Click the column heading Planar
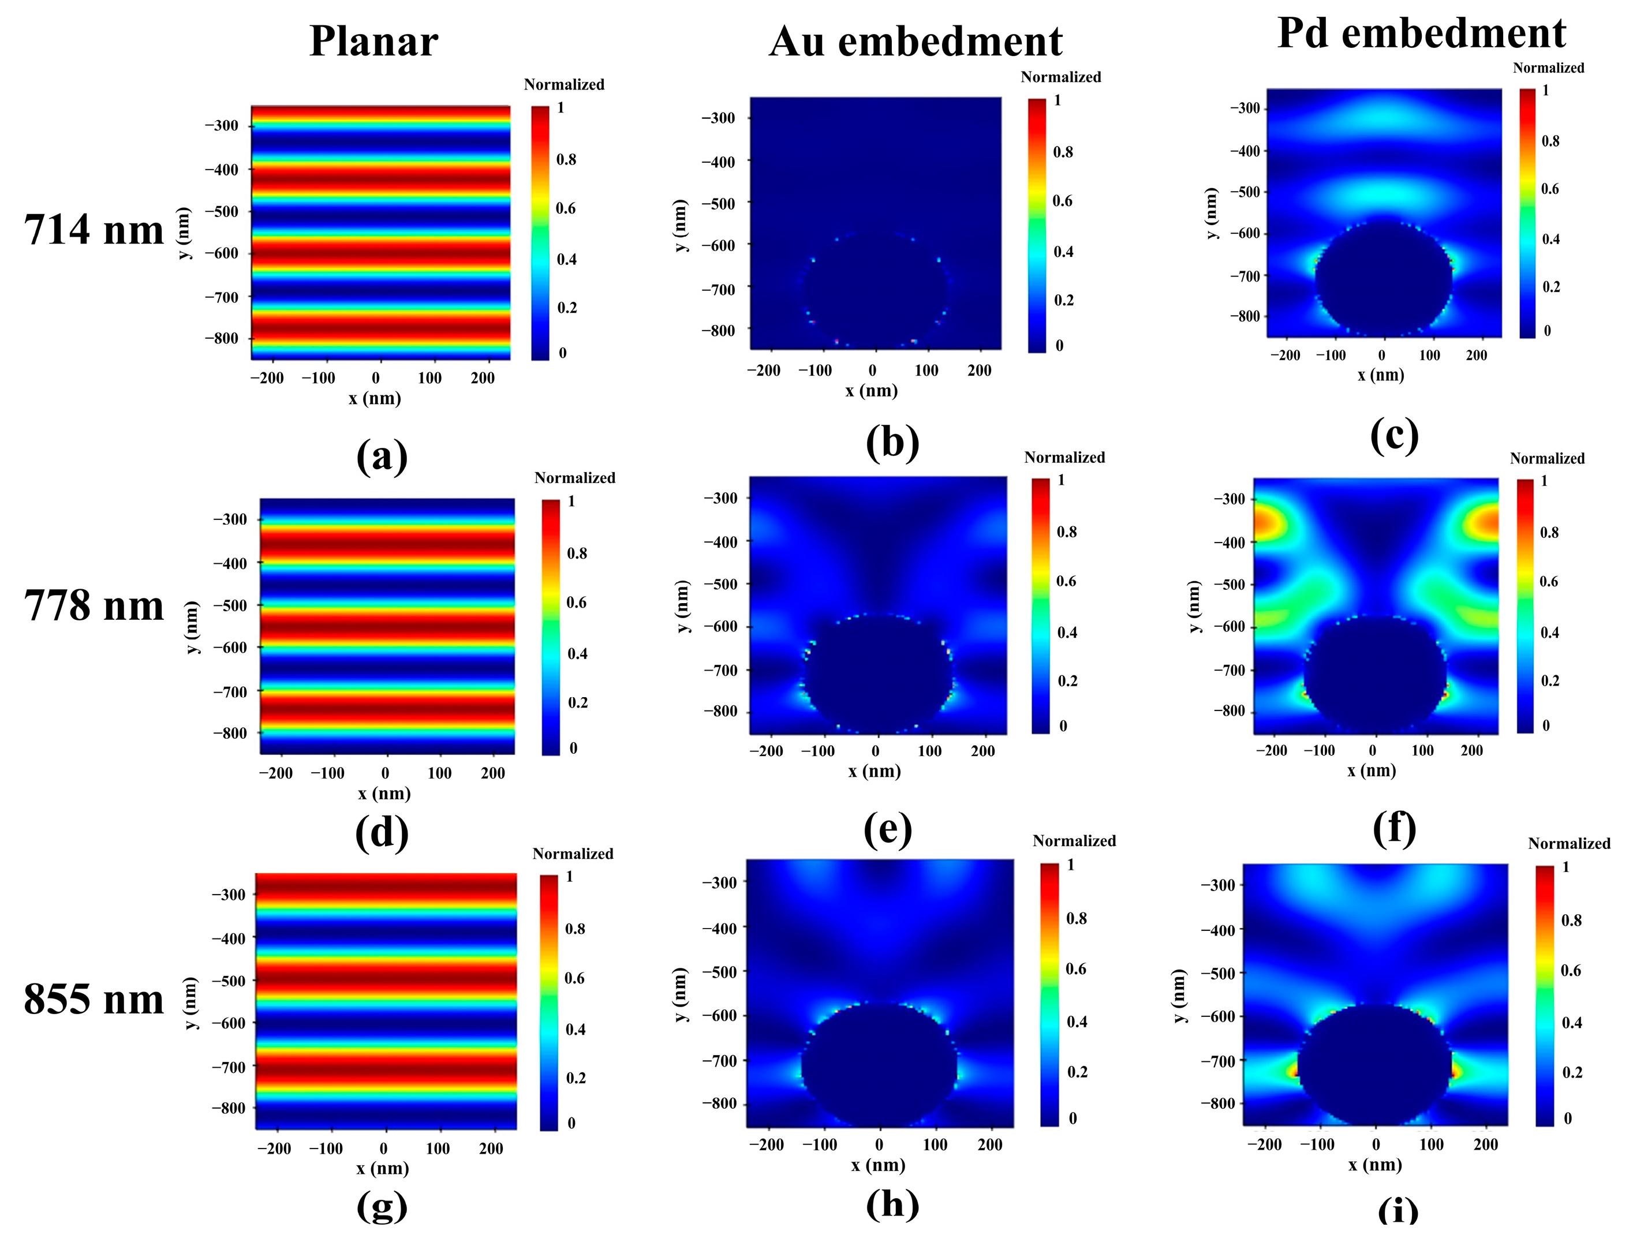coord(373,42)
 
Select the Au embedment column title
coord(915,42)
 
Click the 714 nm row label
coord(94,229)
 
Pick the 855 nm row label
coord(94,999)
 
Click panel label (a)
coord(382,456)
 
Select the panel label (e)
coord(887,829)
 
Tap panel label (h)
coord(892,1203)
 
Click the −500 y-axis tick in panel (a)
coord(222,211)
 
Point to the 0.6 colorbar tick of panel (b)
coord(1062,201)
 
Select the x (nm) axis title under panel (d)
coord(384,793)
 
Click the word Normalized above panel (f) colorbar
coord(1546,458)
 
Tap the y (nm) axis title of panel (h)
coord(681,994)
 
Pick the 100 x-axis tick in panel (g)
coord(438,1148)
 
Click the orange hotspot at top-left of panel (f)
coord(1270,523)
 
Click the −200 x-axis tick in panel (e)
coord(766,751)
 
